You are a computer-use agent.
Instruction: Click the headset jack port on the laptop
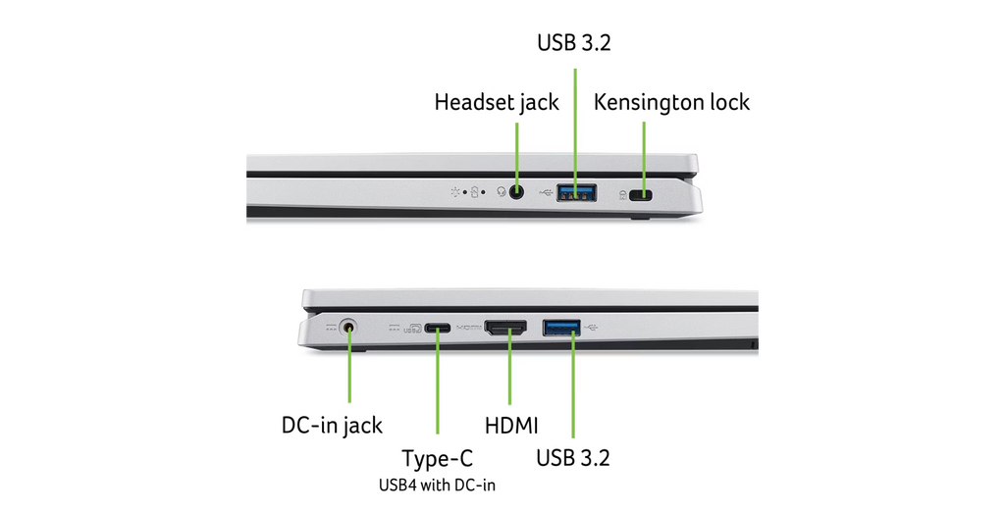pyautogui.click(x=516, y=191)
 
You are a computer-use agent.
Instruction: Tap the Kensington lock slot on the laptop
pyautogui.click(x=640, y=194)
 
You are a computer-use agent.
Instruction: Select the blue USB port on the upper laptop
pyautogui.click(x=577, y=192)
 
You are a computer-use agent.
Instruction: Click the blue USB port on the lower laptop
pyautogui.click(x=561, y=328)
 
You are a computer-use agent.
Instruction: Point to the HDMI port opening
pyautogui.click(x=505, y=329)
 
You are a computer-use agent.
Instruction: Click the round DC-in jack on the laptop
pyautogui.click(x=348, y=328)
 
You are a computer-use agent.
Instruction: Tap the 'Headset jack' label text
pyautogui.click(x=497, y=102)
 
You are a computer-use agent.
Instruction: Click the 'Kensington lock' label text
pyautogui.click(x=671, y=102)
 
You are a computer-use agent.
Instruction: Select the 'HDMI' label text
pyautogui.click(x=510, y=426)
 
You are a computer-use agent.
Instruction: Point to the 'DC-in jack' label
pyautogui.click(x=332, y=426)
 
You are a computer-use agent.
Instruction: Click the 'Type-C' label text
pyautogui.click(x=437, y=458)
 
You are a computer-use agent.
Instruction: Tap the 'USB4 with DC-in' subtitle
pyautogui.click(x=437, y=485)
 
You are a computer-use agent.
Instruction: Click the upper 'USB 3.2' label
pyautogui.click(x=574, y=42)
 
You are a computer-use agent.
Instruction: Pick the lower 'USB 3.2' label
pyautogui.click(x=573, y=458)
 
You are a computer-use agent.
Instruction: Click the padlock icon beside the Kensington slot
pyautogui.click(x=622, y=194)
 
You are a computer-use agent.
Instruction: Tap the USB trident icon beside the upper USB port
pyautogui.click(x=546, y=191)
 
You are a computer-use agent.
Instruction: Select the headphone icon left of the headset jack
pyautogui.click(x=502, y=191)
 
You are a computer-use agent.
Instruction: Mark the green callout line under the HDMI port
pyautogui.click(x=509, y=367)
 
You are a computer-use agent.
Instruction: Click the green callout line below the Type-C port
pyautogui.click(x=438, y=382)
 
